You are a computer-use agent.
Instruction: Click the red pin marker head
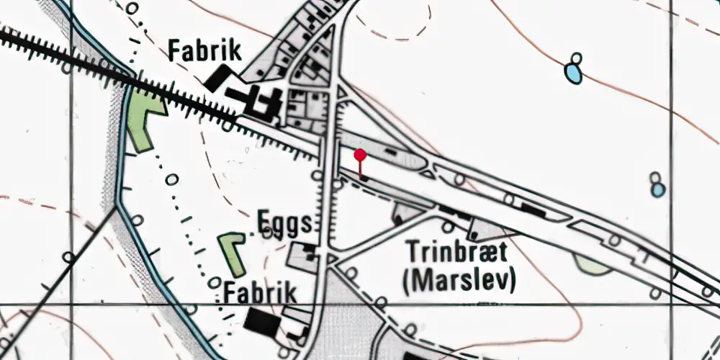coord(360,154)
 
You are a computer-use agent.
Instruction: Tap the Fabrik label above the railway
coord(204,51)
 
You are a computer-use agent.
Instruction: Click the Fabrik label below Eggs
coord(260,293)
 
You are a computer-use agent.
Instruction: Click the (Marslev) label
coord(459,280)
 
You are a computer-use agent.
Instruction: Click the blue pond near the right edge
coord(658,189)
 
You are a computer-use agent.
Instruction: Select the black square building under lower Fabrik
coord(261,321)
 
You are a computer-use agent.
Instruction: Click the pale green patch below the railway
coord(594,264)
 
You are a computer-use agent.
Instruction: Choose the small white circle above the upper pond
coord(575,58)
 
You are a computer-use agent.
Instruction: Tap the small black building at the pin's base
coord(363,177)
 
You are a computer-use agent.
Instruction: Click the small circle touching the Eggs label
coord(268,232)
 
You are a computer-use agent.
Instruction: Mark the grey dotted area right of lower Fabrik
coord(346,317)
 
